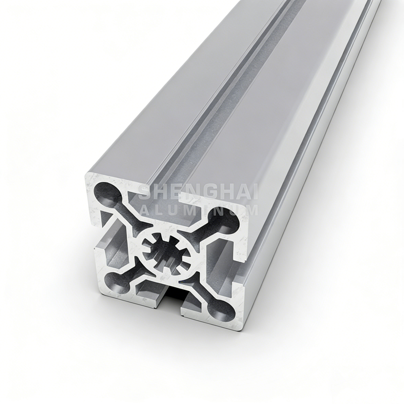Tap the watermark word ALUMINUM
coord(198,210)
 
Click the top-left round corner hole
coord(107,191)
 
